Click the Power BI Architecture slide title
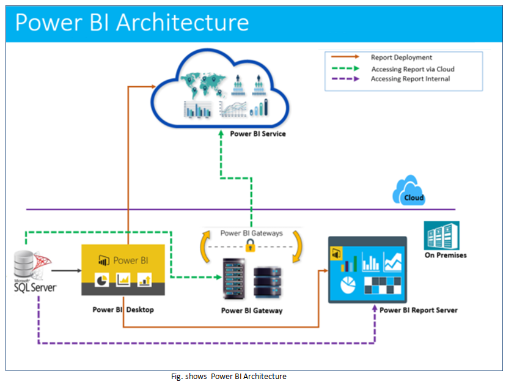tap(132, 22)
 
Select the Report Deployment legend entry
tap(401, 57)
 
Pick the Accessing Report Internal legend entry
tap(410, 79)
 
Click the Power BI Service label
tap(257, 133)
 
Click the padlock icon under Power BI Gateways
tap(249, 246)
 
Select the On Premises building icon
tap(441, 235)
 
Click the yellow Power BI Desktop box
tap(123, 269)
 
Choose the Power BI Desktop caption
tap(123, 309)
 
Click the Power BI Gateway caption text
tap(252, 311)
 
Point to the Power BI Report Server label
tap(418, 310)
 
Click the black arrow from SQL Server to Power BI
tap(66, 270)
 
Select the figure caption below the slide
tap(229, 377)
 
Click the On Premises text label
tap(445, 255)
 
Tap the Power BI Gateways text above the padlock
tap(251, 233)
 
